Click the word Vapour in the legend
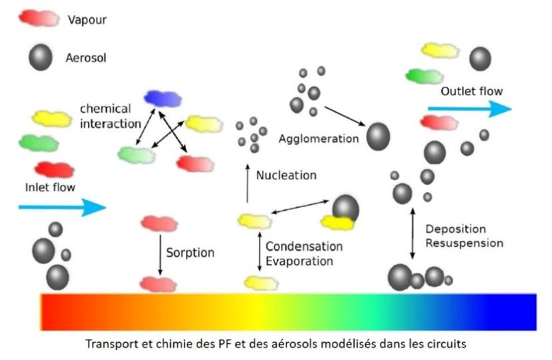[87, 20]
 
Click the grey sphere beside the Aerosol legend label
[41, 58]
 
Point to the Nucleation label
[287, 175]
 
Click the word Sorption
[191, 253]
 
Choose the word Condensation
[304, 247]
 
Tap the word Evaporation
[299, 261]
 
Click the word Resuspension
[464, 243]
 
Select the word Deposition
[455, 229]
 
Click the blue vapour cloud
[163, 99]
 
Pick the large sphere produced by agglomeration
[378, 136]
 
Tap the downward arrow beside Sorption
[160, 253]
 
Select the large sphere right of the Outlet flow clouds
[480, 59]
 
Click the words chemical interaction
[109, 115]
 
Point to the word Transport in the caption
[109, 345]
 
